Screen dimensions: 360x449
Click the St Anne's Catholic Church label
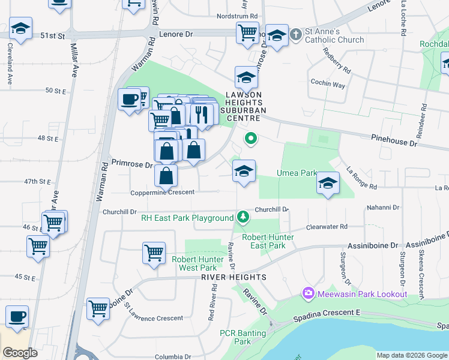click(x=335, y=35)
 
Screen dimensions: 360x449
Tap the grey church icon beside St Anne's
click(x=295, y=34)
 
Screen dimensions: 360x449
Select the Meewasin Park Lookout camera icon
click(x=309, y=293)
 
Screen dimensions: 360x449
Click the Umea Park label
click(x=296, y=173)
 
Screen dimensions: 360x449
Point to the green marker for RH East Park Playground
click(x=243, y=216)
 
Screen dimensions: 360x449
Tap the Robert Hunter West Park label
click(x=194, y=263)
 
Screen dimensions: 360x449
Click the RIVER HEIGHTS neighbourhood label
click(x=234, y=277)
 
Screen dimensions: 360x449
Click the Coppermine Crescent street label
click(x=162, y=193)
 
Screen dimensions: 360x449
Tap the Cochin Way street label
click(x=328, y=85)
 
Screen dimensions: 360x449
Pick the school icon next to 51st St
click(x=20, y=28)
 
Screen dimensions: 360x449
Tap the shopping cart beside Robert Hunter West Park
click(x=154, y=252)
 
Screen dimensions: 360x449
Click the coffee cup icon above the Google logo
click(x=17, y=316)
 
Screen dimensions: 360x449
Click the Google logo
click(x=20, y=353)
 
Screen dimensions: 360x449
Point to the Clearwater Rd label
click(x=327, y=227)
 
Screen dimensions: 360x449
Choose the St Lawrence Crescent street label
click(x=154, y=318)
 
